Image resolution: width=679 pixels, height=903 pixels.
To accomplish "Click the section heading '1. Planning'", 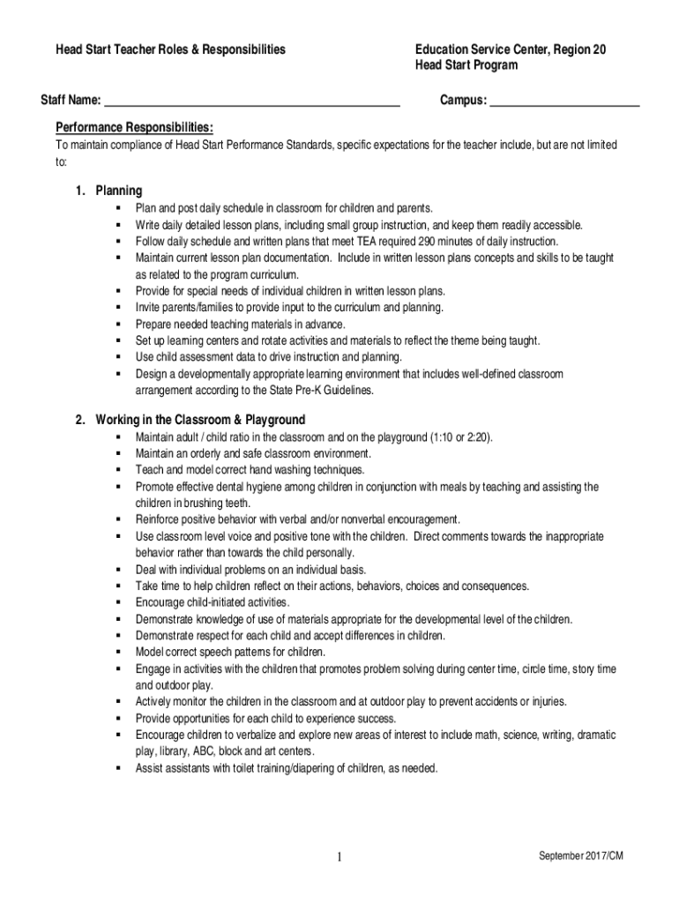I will (108, 190).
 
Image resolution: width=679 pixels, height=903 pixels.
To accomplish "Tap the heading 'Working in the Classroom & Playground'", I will (200, 420).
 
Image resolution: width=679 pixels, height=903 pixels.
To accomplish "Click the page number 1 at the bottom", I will (339, 859).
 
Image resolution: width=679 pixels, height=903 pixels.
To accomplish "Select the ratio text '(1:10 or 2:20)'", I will (461, 437).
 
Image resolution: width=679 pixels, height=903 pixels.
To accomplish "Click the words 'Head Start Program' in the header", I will (466, 66).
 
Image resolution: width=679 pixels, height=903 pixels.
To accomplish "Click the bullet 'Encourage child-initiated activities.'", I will (213, 602).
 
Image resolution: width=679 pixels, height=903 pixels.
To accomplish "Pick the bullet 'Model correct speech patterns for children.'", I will (230, 652).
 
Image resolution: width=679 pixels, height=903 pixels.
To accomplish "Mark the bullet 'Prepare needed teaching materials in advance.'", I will (240, 324).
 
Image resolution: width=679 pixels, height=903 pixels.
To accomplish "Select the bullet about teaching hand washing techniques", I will (250, 470).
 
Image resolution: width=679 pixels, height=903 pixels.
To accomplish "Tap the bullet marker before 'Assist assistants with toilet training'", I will (116, 768).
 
